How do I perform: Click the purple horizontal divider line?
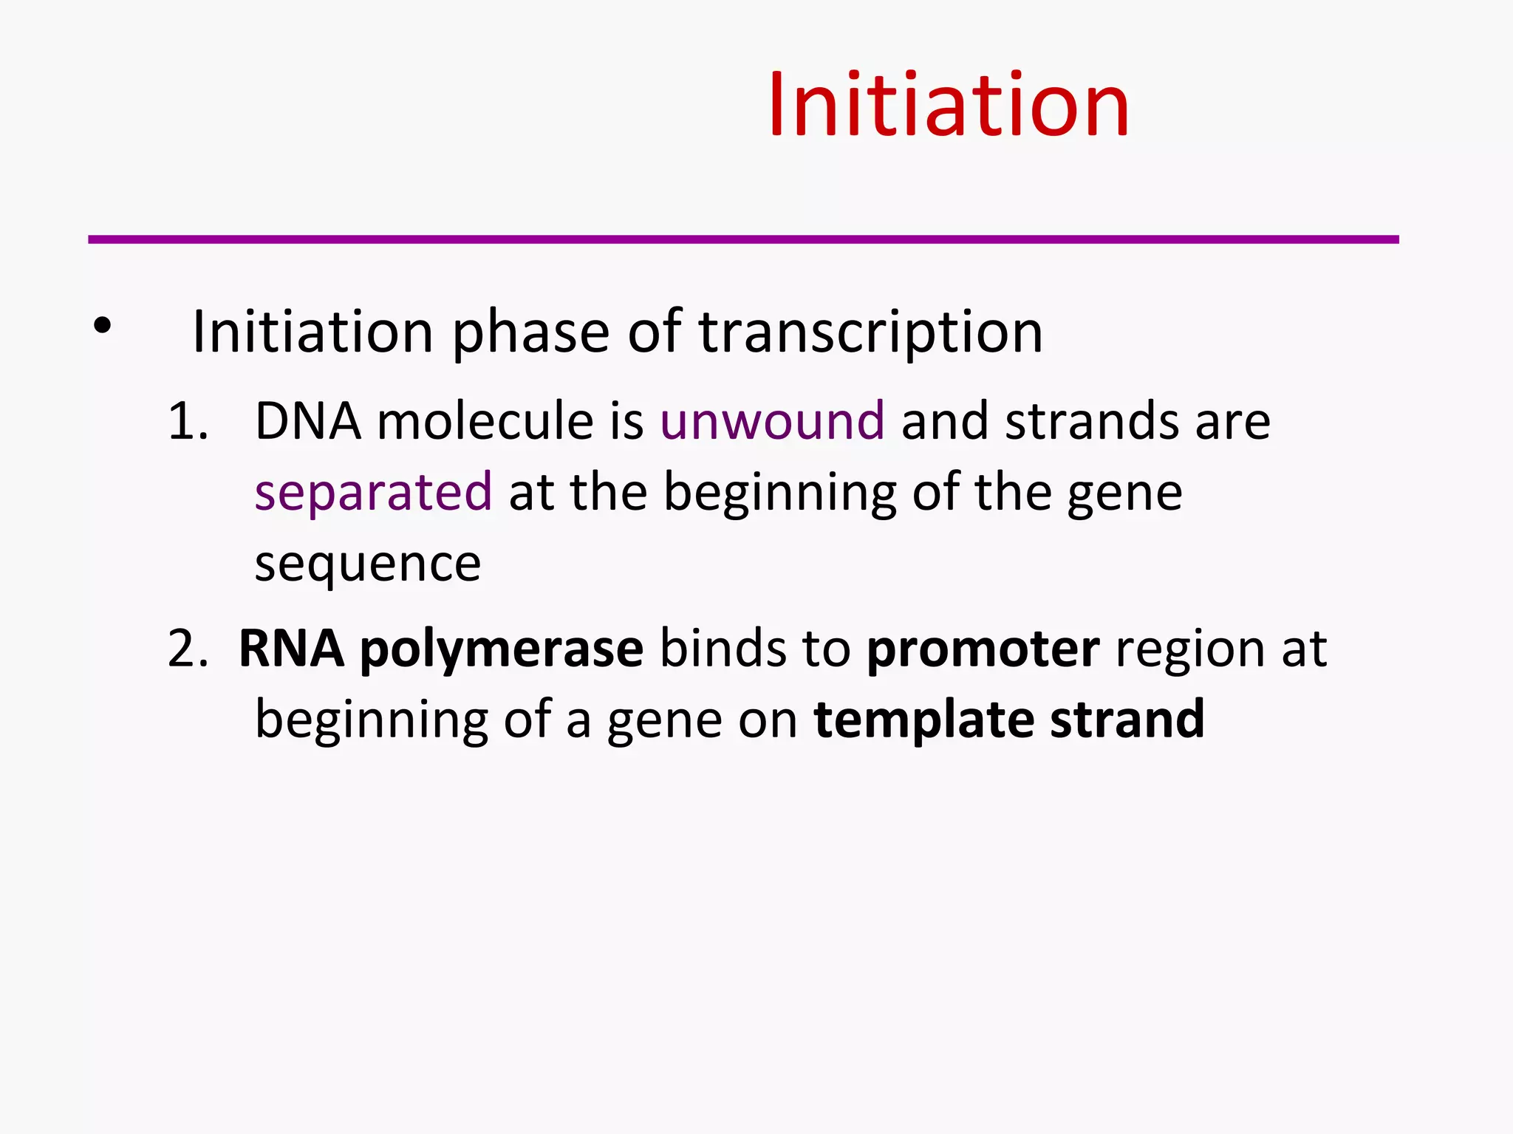coord(742,239)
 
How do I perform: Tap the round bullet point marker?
coord(102,325)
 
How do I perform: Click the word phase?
coord(530,332)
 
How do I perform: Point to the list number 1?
coord(187,422)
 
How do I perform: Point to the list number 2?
coord(187,649)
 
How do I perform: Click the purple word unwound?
coord(772,421)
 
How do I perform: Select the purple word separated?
coord(373,493)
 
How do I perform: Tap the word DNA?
coord(308,422)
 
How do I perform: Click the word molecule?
coord(485,422)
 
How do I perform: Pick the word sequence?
coord(367,565)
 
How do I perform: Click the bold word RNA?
coord(291,649)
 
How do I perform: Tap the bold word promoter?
coord(983,649)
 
